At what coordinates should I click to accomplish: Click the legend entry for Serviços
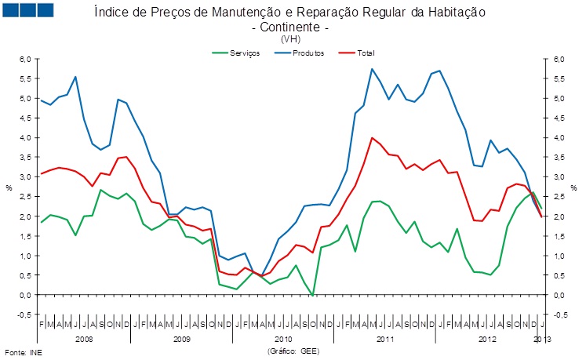click(x=240, y=53)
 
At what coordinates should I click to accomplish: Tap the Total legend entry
click(x=365, y=53)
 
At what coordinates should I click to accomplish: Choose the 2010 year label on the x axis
click(x=282, y=339)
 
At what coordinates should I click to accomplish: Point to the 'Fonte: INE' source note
click(x=23, y=352)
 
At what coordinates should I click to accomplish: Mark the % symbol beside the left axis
click(x=9, y=187)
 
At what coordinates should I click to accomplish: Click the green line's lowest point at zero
click(x=313, y=295)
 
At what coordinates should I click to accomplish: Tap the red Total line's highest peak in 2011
click(x=371, y=137)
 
